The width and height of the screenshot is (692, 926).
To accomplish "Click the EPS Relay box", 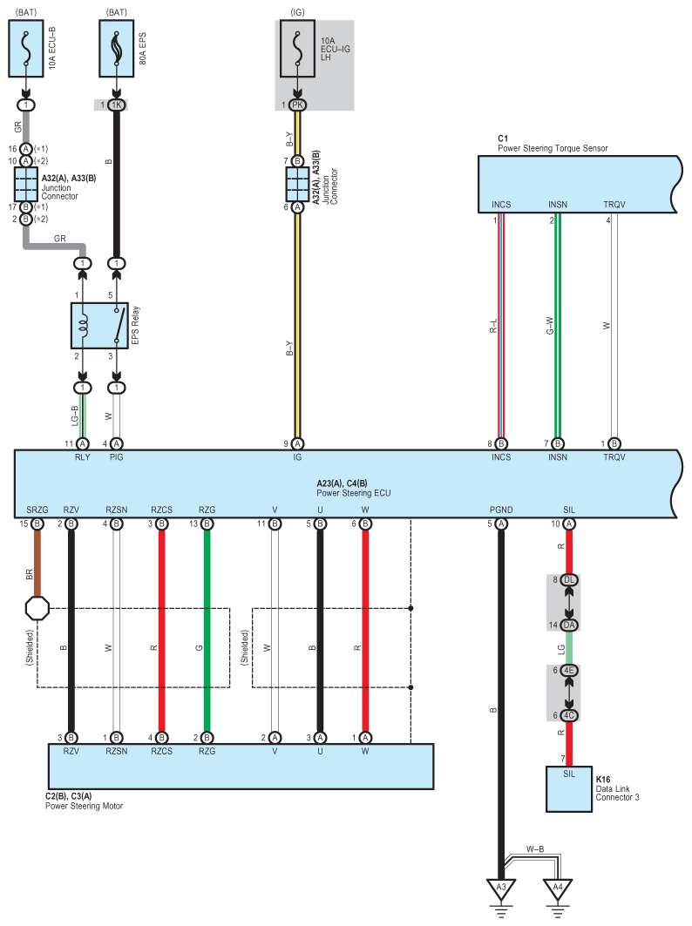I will [98, 326].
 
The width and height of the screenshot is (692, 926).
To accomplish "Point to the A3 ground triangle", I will [500, 889].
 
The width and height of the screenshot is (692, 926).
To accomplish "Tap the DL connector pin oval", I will [569, 580].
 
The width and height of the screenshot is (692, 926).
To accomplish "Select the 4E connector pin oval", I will [569, 670].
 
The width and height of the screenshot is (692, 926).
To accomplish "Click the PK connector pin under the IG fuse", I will [298, 105].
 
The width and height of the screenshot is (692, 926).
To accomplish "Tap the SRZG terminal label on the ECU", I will [37, 510].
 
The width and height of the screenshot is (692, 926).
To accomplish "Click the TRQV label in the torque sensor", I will [614, 205].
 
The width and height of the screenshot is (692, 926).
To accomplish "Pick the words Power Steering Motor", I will [84, 806].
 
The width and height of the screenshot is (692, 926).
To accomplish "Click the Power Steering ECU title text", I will [353, 492].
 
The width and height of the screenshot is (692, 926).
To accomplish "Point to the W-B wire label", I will [536, 848].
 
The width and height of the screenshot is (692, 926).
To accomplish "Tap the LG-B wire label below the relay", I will [75, 417].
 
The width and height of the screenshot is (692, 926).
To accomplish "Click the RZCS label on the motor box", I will [161, 750].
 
